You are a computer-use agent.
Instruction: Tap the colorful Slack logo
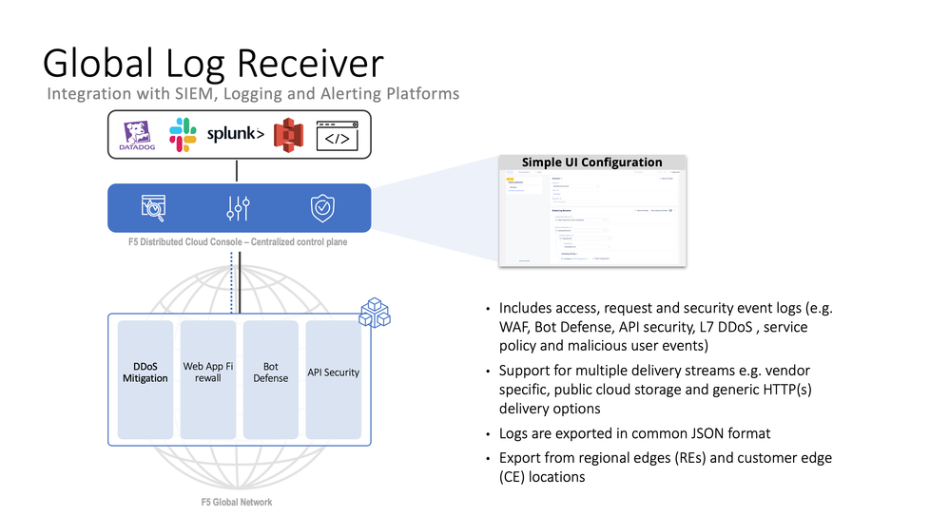pyautogui.click(x=183, y=134)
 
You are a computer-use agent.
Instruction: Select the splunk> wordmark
pyautogui.click(x=236, y=134)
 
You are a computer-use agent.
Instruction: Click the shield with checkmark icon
pyautogui.click(x=322, y=207)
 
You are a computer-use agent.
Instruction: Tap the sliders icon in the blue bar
pyautogui.click(x=239, y=207)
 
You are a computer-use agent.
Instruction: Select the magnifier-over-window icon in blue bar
pyautogui.click(x=154, y=207)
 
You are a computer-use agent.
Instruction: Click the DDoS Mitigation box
pyautogui.click(x=145, y=379)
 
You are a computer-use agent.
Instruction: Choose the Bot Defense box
pyautogui.click(x=270, y=379)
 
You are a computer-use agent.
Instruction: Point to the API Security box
pyautogui.click(x=333, y=379)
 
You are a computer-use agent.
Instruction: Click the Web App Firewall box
pyautogui.click(x=207, y=379)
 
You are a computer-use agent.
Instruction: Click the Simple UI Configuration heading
pyautogui.click(x=591, y=162)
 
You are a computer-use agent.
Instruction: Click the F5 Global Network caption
pyautogui.click(x=238, y=502)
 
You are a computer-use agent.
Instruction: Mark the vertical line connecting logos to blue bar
pyautogui.click(x=237, y=171)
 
